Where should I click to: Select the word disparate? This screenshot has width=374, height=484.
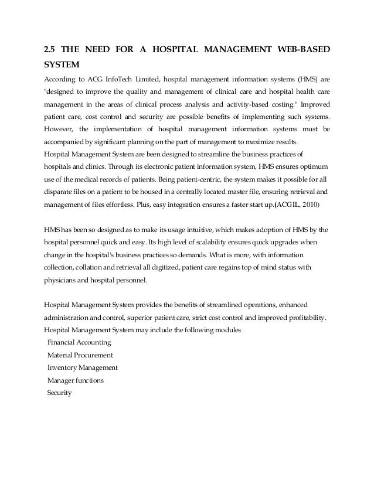[59, 192]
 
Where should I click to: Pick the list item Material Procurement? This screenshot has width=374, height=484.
[80, 355]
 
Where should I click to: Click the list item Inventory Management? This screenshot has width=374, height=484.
[83, 368]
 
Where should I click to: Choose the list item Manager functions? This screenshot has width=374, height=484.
[76, 380]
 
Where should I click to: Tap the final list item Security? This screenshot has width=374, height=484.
[59, 393]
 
